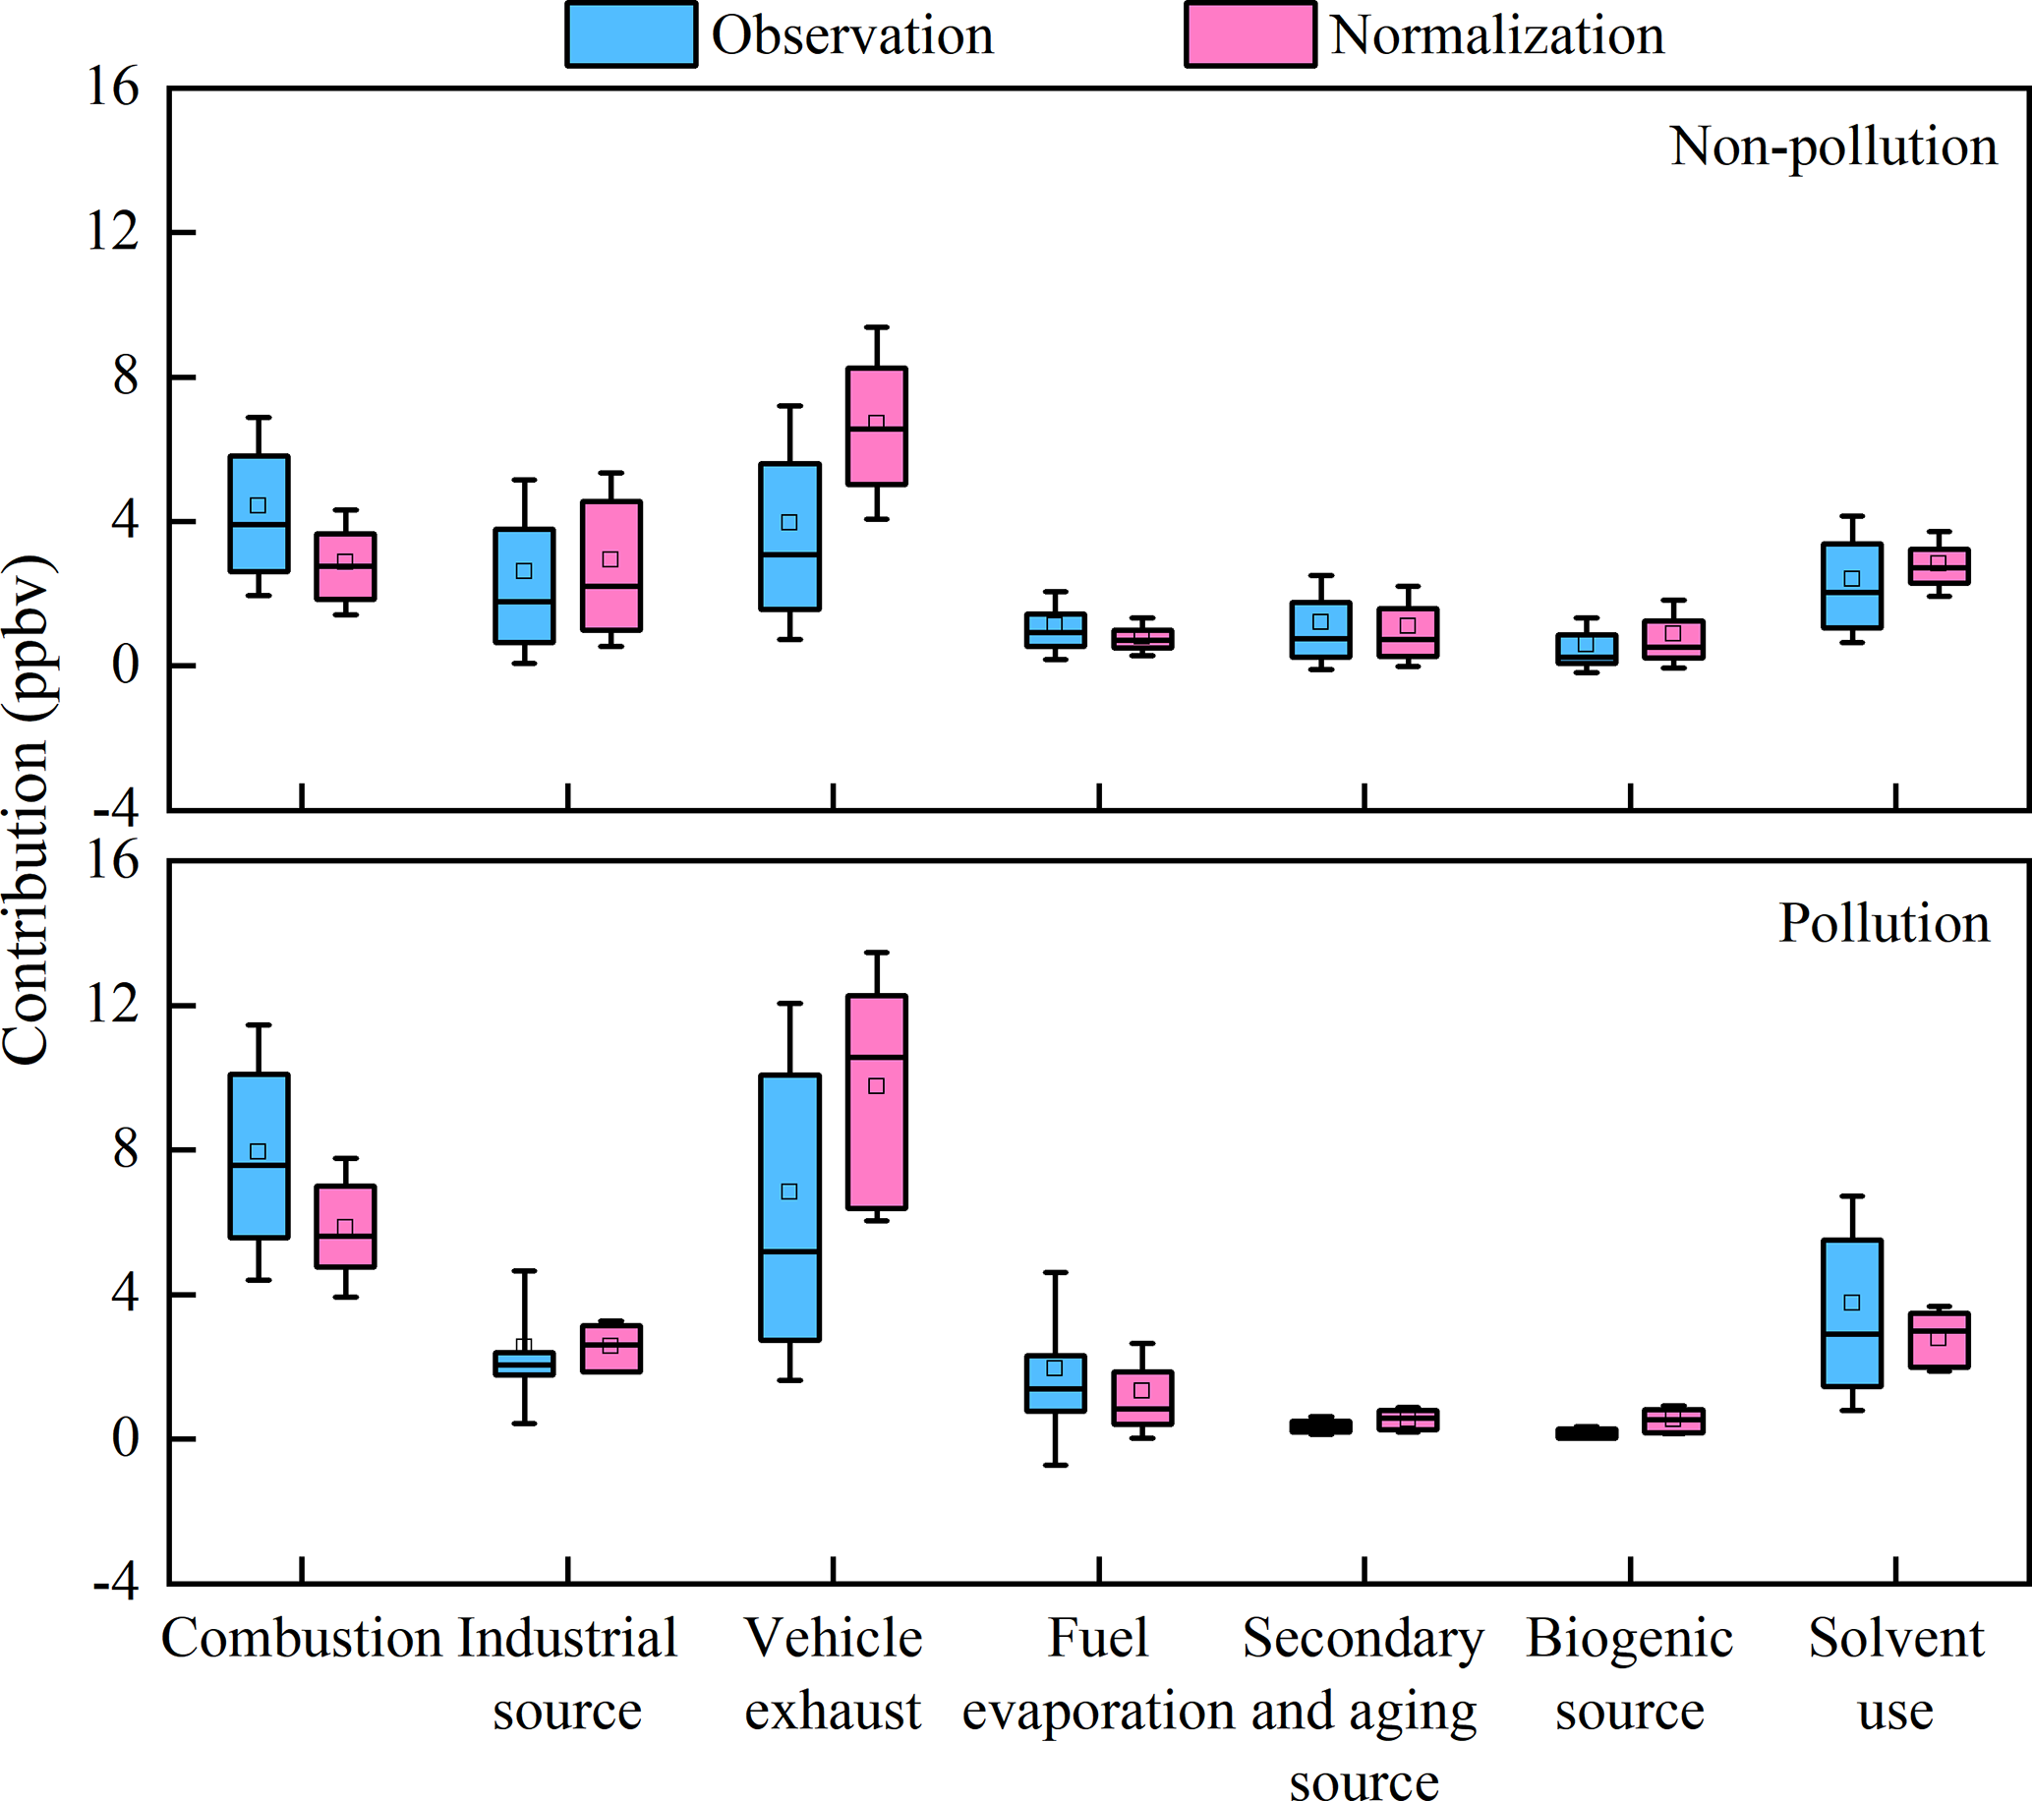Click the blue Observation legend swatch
click(x=630, y=34)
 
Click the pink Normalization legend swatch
click(x=1249, y=34)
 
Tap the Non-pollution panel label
click(x=1833, y=147)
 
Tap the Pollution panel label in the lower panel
click(x=1884, y=923)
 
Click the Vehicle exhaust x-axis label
click(x=833, y=1674)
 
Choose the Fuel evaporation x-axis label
click(x=1097, y=1674)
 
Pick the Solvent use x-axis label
click(x=1894, y=1674)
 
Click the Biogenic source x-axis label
click(x=1629, y=1674)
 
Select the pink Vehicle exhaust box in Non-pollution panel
click(x=876, y=427)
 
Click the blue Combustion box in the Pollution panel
click(x=259, y=1156)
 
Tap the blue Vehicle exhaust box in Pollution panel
click(x=789, y=1206)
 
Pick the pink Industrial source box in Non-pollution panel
click(x=610, y=565)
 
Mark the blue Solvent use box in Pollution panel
click(x=1851, y=1312)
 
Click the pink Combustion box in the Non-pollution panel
click(x=345, y=566)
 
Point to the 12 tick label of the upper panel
click(x=112, y=233)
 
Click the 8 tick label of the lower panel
click(x=124, y=1150)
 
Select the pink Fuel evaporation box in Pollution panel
click(x=1142, y=1398)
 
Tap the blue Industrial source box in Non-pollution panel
click(x=524, y=586)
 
